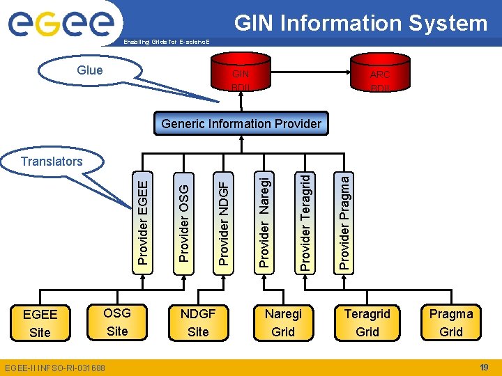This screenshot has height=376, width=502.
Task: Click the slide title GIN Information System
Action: [x=360, y=23]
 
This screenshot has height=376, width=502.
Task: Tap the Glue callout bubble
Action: [x=89, y=70]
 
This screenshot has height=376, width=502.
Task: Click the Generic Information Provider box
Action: [x=241, y=124]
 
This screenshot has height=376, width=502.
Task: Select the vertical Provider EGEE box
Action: [x=143, y=214]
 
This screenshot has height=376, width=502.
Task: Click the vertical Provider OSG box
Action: [x=183, y=214]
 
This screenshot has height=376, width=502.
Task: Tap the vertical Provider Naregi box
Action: [x=264, y=214]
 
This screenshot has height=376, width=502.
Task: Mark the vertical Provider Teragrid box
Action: [x=304, y=214]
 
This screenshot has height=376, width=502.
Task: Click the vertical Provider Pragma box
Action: [x=344, y=214]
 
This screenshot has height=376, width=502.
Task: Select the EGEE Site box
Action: [x=40, y=322]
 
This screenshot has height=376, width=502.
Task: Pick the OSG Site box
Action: [x=117, y=321]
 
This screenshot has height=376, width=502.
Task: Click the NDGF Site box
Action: [x=199, y=322]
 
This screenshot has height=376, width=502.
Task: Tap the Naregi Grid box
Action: [x=283, y=322]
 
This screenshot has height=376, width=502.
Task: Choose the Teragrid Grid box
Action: [x=367, y=322]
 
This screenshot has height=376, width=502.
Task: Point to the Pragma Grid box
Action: [x=450, y=322]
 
